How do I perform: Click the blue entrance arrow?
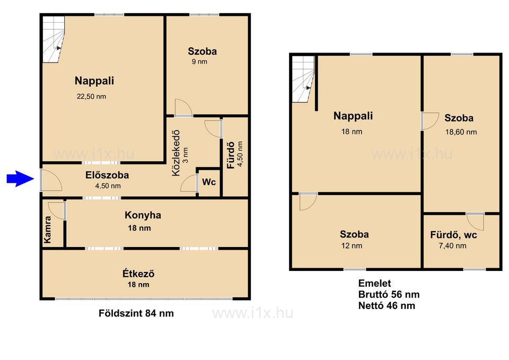point(20,179)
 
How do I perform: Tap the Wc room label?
point(209,182)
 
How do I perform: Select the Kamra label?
point(48,230)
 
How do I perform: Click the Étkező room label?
point(138,274)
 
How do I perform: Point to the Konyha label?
point(143,215)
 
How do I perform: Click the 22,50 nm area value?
point(91,96)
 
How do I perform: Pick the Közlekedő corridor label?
point(175,153)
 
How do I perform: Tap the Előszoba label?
point(107,175)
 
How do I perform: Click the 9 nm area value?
point(199,62)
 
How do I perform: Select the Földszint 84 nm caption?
point(136,313)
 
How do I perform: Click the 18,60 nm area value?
point(461,132)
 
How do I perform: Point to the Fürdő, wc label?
point(453,235)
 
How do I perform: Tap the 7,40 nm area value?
point(452,245)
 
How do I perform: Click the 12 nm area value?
point(352,245)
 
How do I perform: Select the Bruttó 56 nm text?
point(389,294)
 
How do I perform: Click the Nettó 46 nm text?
point(387,305)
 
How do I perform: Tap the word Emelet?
point(375,284)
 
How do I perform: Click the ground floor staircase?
point(54,39)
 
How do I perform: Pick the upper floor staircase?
point(303,79)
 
